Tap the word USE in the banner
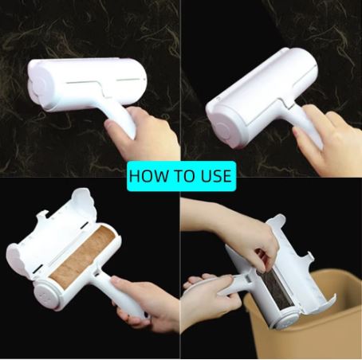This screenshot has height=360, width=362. (216, 176)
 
